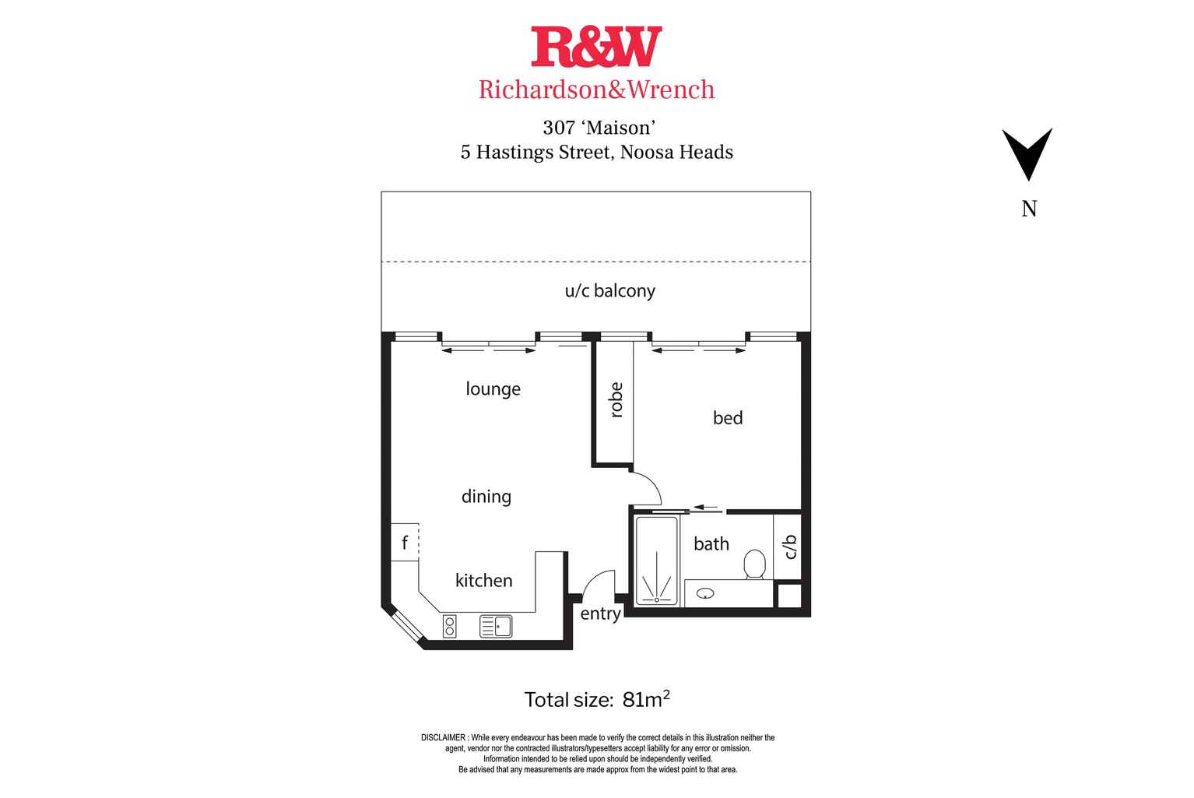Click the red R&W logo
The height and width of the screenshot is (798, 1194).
click(x=596, y=47)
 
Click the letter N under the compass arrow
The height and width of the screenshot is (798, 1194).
click(x=1029, y=209)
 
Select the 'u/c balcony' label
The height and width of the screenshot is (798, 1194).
click(x=609, y=291)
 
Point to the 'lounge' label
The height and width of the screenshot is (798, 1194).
click(x=493, y=388)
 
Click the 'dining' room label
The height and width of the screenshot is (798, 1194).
click(x=486, y=496)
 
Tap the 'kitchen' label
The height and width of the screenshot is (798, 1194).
click(x=483, y=580)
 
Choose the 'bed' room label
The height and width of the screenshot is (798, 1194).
click(x=728, y=417)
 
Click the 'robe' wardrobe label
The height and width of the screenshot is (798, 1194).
click(x=616, y=400)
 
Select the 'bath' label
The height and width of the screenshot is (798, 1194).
click(x=711, y=543)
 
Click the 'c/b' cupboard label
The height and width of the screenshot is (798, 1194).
click(x=791, y=547)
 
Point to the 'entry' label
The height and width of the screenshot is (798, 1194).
click(x=600, y=614)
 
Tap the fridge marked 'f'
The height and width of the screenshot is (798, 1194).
click(x=405, y=543)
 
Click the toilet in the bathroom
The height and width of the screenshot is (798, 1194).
click(x=754, y=564)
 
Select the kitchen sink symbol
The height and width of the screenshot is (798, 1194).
click(x=496, y=627)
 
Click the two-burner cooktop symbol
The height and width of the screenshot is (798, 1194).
click(x=449, y=627)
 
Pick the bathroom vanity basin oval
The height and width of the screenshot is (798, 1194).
click(x=705, y=593)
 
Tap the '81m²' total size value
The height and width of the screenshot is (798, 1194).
click(x=646, y=699)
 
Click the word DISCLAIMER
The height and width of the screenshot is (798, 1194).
click(x=443, y=738)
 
